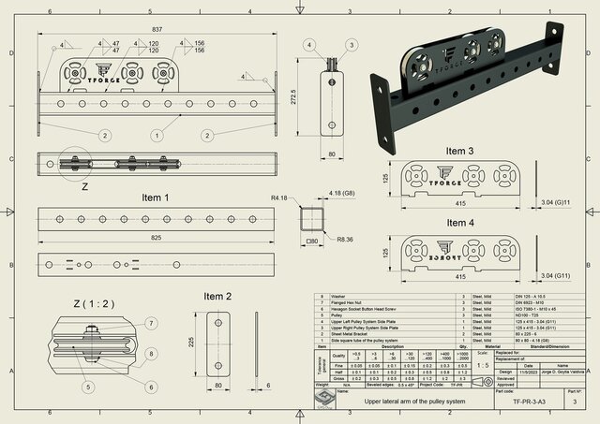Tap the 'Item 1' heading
pos(155,198)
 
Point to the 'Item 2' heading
pos(216,296)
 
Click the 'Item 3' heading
pos(459,151)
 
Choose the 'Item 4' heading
pos(459,223)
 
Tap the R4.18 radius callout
pos(278,198)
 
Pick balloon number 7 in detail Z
pos(152,323)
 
